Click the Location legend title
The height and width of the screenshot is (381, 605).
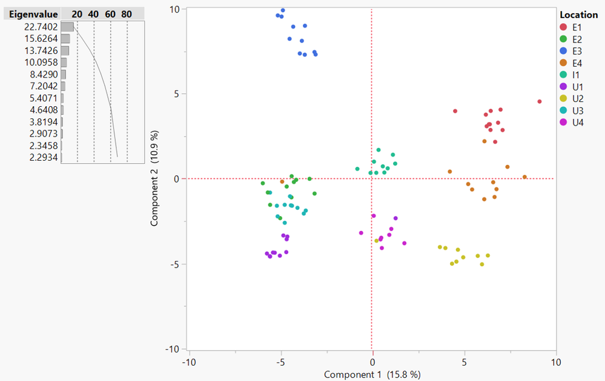578,15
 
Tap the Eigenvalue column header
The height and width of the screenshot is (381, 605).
30,14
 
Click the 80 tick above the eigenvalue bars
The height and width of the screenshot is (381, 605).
126,14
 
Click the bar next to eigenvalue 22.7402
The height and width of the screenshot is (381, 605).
67,27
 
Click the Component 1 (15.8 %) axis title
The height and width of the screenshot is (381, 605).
372,374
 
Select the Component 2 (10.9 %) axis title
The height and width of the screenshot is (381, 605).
154,178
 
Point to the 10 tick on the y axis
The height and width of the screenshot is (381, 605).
176,9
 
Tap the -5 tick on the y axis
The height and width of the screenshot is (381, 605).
176,264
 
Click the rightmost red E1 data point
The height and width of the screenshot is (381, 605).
540,101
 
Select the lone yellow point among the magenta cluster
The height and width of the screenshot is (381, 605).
376,241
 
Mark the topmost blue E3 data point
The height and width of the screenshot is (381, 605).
283,10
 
